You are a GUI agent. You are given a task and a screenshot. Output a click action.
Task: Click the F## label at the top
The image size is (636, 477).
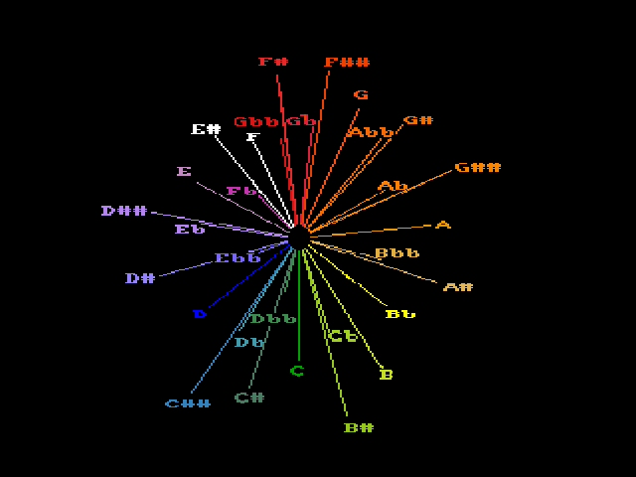tap(347, 63)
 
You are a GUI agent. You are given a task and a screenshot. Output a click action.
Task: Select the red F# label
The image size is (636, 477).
tap(273, 62)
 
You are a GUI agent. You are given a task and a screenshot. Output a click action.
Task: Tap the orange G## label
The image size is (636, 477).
tap(477, 168)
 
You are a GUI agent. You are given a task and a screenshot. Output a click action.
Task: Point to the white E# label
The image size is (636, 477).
tap(206, 129)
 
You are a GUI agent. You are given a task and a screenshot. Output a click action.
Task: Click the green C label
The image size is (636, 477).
tap(297, 372)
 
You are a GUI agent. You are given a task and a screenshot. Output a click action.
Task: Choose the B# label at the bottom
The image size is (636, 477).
tap(358, 428)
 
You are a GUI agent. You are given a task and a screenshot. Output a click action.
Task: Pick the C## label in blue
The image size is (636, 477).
tap(188, 403)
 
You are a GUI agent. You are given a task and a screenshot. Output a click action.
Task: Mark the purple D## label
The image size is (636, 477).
tap(124, 211)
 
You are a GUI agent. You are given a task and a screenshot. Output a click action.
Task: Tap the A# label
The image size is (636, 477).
tap(457, 287)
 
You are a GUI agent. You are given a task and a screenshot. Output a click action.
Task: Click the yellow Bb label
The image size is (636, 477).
tap(399, 315)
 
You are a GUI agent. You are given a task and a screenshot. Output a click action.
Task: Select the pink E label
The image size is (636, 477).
tap(184, 172)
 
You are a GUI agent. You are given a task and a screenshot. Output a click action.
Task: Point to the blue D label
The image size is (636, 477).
tap(200, 314)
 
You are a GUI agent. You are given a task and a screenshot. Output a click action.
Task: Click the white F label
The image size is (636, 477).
tap(253, 137)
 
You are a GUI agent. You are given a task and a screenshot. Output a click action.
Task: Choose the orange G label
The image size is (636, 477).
tap(361, 95)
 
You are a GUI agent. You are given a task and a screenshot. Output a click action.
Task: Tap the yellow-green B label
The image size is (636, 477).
tap(387, 375)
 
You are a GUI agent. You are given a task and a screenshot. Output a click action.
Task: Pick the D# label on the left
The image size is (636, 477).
tap(139, 278)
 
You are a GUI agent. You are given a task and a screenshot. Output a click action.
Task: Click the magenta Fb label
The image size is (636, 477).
tap(240, 191)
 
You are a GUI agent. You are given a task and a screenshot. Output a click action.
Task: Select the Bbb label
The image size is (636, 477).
tap(396, 253)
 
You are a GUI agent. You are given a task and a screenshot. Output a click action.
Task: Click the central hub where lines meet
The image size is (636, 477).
tap(298, 237)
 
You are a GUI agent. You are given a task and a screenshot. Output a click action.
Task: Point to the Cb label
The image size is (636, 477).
tap(343, 337)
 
